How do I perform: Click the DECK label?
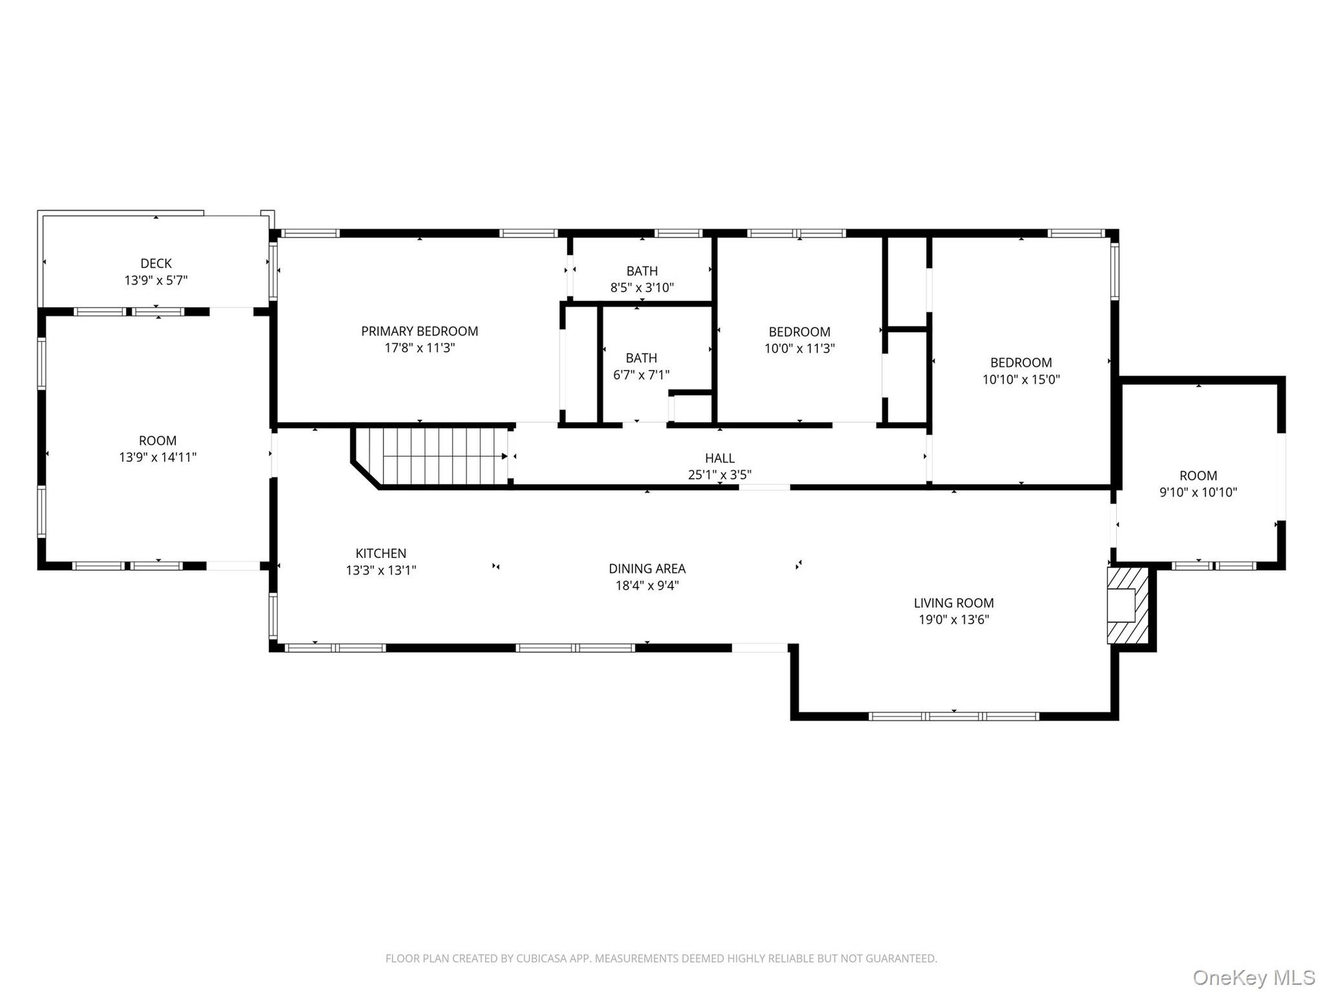pos(156,263)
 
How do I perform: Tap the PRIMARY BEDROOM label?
pos(420,331)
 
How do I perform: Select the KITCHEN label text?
pos(381,553)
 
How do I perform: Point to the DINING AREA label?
pos(647,568)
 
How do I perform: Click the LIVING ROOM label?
pos(954,603)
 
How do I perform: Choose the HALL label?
pos(719,458)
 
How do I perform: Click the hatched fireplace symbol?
pos(1128,606)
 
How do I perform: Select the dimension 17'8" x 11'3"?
pos(420,348)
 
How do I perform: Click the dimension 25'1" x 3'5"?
pos(719,475)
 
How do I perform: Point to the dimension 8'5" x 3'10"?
pos(642,287)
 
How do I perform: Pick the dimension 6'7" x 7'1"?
pos(642,375)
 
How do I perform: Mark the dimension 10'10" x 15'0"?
pos(1021,380)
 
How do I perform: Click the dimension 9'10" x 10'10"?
pos(1198,493)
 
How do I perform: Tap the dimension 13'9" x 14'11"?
pos(158,457)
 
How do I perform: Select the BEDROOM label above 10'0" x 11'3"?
pos(799,332)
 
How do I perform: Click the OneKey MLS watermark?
pos(1253,978)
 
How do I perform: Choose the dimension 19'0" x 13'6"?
pos(954,619)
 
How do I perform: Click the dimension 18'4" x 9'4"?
pos(647,586)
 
